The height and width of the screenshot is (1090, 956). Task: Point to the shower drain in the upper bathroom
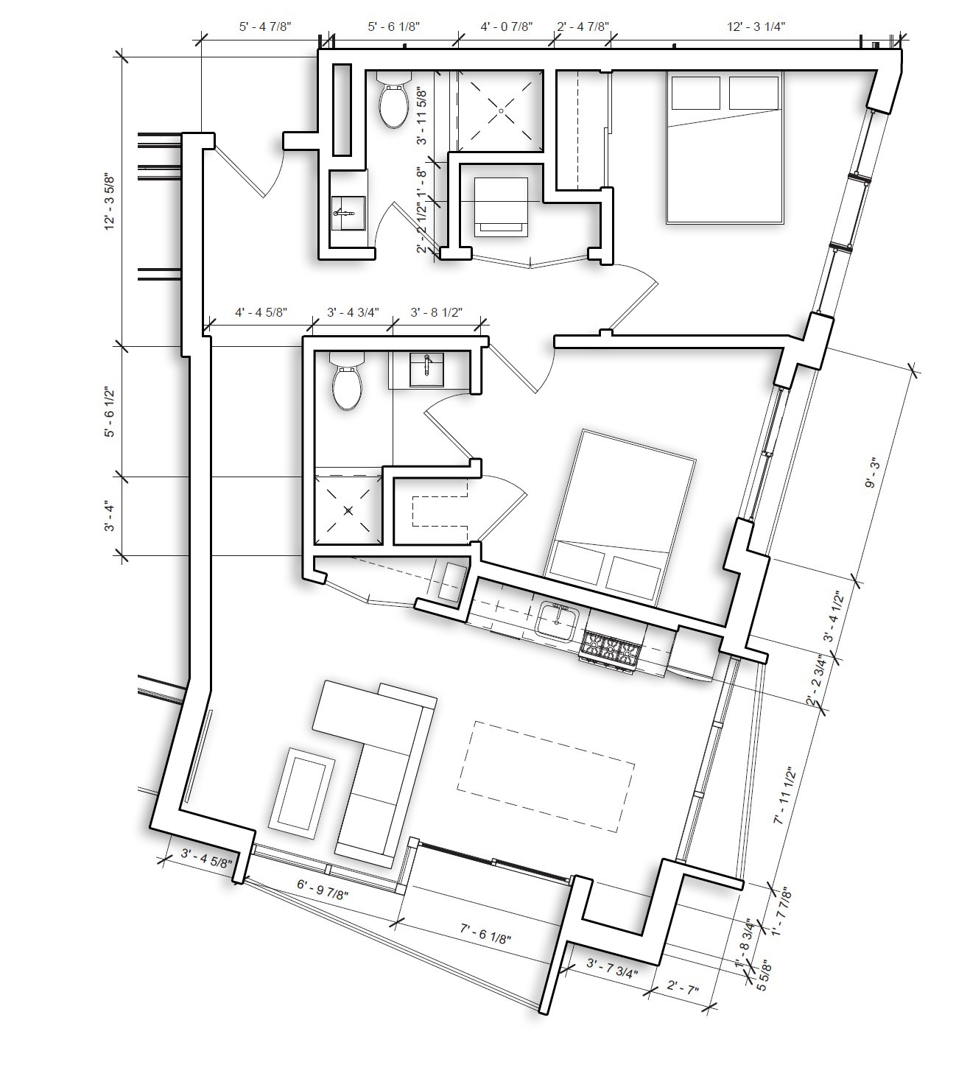(x=501, y=110)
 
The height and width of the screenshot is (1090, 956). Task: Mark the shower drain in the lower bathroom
(x=348, y=510)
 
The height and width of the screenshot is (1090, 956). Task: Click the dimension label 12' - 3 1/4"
(x=756, y=27)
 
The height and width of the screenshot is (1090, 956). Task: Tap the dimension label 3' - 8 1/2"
(x=436, y=312)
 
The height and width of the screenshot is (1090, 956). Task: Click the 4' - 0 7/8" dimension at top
(x=507, y=27)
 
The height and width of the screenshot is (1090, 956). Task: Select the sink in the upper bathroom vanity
(x=346, y=213)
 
